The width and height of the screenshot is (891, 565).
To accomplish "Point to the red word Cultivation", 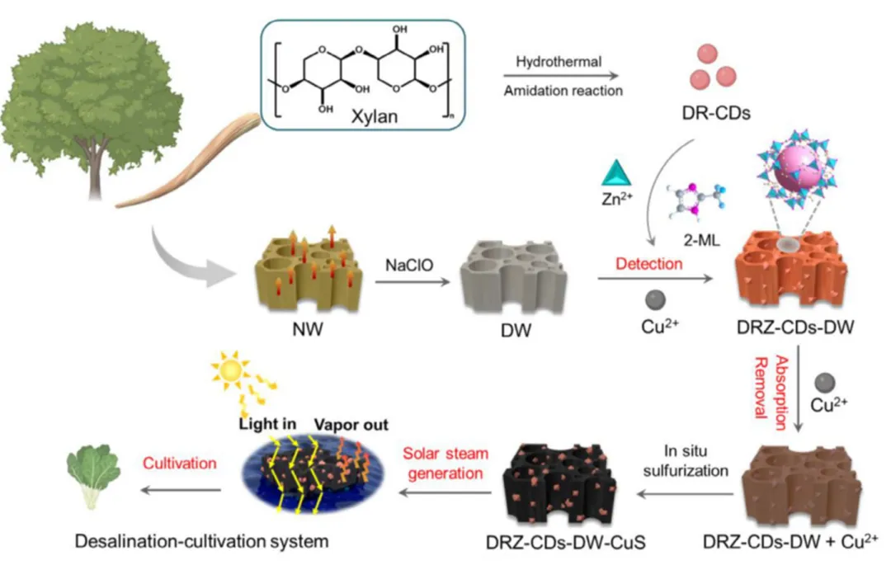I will (179, 463).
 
